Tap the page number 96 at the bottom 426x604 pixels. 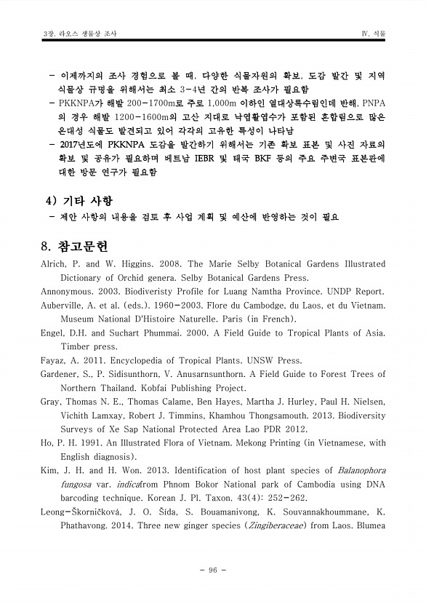pyautogui.click(x=213, y=570)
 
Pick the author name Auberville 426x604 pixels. pyautogui.click(x=66, y=306)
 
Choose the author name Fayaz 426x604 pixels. pyautogui.click(x=53, y=360)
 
